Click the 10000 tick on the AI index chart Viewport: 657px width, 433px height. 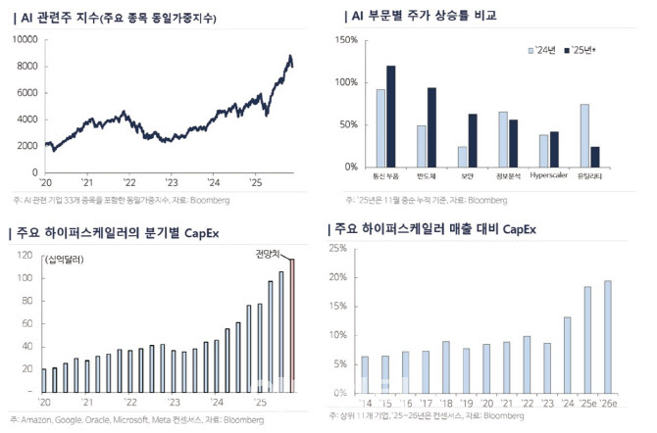(x=25, y=40)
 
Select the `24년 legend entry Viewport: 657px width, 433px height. (x=544, y=48)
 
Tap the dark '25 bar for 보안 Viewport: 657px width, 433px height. (x=472, y=140)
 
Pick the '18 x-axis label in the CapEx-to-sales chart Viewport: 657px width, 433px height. (x=446, y=402)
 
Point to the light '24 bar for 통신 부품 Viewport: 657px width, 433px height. (x=380, y=127)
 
